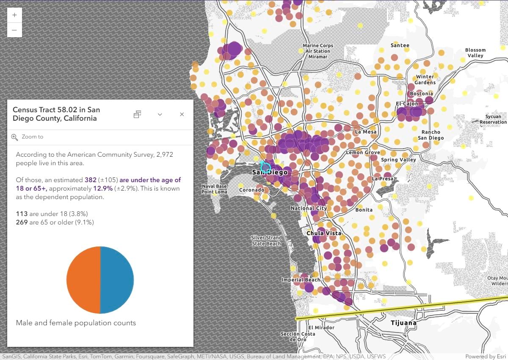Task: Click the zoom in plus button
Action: tap(14, 15)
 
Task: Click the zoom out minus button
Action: tap(14, 30)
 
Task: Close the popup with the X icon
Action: tap(182, 114)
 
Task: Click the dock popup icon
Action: tap(137, 114)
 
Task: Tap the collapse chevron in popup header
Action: tap(160, 114)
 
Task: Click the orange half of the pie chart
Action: tap(83, 280)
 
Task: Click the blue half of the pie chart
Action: tap(117, 280)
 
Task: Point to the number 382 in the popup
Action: tap(91, 180)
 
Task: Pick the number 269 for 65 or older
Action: tap(22, 222)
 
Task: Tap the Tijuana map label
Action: tap(403, 323)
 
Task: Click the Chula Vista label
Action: tap(324, 233)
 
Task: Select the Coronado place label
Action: tap(252, 190)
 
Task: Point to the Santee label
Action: tap(400, 45)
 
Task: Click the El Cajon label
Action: tap(407, 104)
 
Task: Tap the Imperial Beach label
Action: tap(301, 280)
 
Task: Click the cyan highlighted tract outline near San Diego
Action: tap(265, 166)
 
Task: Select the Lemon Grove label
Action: tap(363, 152)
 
